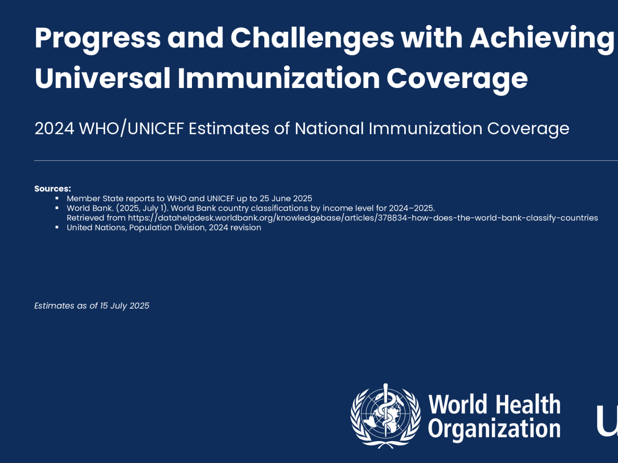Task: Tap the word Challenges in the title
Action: pyautogui.click(x=312, y=38)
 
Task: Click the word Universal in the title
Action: pyautogui.click(x=103, y=78)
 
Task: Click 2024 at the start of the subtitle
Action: pyautogui.click(x=55, y=128)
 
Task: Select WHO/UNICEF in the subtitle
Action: pyautogui.click(x=132, y=128)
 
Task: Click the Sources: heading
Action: pyautogui.click(x=53, y=188)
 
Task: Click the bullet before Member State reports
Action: pyautogui.click(x=57, y=198)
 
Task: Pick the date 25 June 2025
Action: pyautogui.click(x=286, y=198)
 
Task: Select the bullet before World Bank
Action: pyautogui.click(x=57, y=208)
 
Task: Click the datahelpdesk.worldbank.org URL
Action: pyautogui.click(x=363, y=218)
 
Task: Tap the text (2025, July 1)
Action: pyautogui.click(x=142, y=208)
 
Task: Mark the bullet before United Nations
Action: pyautogui.click(x=57, y=227)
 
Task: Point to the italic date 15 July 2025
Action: pyautogui.click(x=124, y=306)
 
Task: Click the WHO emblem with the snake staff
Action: pyautogui.click(x=385, y=416)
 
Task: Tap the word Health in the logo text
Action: pyautogui.click(x=527, y=405)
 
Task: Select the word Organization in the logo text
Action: pyautogui.click(x=494, y=429)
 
